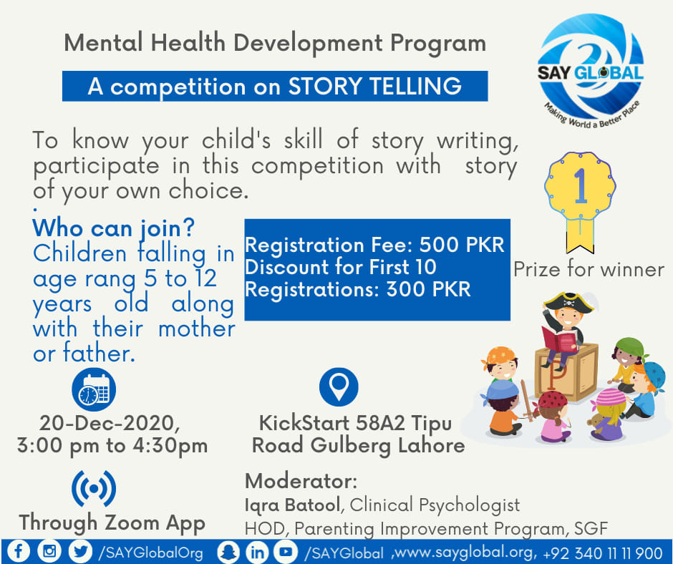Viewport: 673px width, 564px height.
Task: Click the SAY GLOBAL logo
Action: tap(591, 71)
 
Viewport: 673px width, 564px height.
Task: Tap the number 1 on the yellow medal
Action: tap(581, 185)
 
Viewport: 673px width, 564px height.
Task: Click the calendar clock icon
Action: tap(94, 389)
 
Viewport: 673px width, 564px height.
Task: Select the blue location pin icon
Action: tap(339, 386)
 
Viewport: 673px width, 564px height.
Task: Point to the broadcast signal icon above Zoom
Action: tap(94, 488)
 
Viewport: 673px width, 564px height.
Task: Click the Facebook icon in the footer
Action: tap(18, 551)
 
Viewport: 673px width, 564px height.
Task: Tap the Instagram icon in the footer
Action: tap(49, 551)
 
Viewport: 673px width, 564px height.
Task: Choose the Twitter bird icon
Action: tap(81, 551)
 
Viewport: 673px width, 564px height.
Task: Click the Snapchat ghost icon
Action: tap(228, 552)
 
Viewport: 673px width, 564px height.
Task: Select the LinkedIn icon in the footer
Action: tap(257, 552)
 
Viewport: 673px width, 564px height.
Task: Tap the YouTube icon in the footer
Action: tap(286, 552)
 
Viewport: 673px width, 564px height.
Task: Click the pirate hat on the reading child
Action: tap(568, 302)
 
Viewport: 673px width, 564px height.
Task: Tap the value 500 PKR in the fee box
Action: tap(462, 245)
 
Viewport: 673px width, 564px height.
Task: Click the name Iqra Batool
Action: tap(292, 505)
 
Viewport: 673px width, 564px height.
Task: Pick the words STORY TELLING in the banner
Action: tap(374, 87)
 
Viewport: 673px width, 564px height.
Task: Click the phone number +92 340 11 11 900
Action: tap(603, 553)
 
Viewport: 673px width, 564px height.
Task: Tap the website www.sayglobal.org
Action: tap(465, 553)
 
